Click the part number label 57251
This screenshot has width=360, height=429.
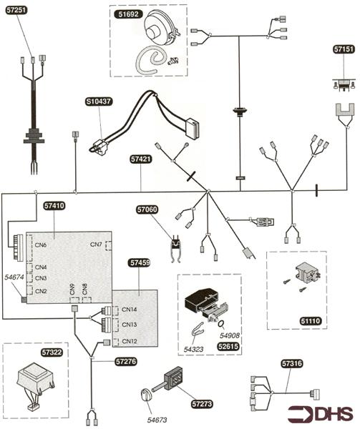[16, 11]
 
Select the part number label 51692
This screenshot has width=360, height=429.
[129, 14]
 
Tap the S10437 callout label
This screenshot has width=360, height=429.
[99, 102]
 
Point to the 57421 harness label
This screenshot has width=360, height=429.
[141, 159]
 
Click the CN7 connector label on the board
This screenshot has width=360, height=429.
[96, 245]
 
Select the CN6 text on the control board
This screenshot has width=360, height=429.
[41, 245]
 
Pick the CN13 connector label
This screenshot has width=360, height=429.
[130, 325]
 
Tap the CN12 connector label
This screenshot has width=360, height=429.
[130, 341]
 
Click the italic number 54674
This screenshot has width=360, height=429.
[14, 277]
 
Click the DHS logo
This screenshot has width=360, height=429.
[321, 414]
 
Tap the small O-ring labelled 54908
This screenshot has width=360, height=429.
[220, 324]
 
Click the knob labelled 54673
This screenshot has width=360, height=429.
[145, 395]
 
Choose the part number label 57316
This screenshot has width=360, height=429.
[292, 364]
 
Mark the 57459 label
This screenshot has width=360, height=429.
[140, 263]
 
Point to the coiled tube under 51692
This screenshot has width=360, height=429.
[151, 60]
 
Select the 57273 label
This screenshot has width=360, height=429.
[202, 404]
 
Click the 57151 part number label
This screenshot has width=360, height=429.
[344, 49]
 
